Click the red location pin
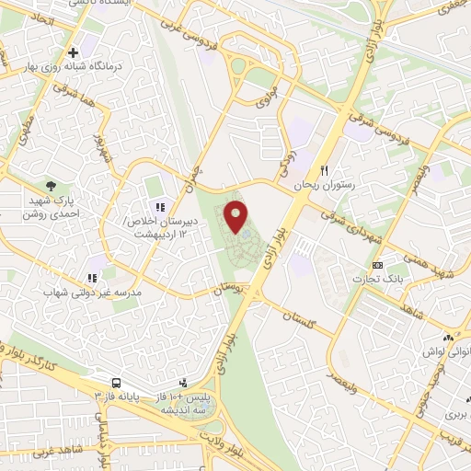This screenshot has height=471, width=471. [236, 216]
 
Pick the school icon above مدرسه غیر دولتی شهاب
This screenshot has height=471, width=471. [91, 277]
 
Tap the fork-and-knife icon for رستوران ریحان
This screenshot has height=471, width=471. [324, 170]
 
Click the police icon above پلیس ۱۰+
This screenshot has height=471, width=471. [183, 381]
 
